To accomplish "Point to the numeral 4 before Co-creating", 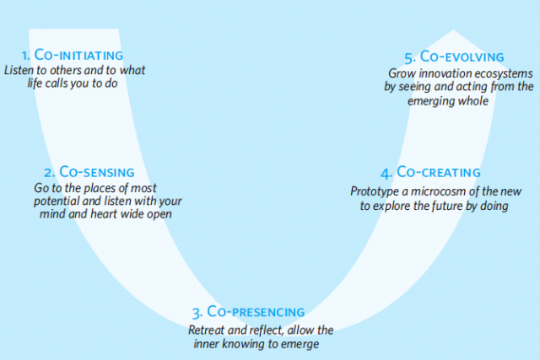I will (386, 174).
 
